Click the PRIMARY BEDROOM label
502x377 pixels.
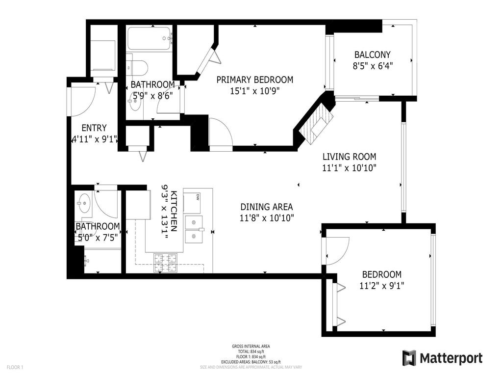pos(254,80)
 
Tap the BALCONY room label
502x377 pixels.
pos(372,55)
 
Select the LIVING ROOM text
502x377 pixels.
pos(349,157)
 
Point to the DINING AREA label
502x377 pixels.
pos(266,207)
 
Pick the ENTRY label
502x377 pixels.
pos(94,128)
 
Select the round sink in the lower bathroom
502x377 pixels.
pos(83,201)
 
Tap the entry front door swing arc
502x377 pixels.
pos(83,101)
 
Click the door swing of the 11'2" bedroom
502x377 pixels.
pos(336,250)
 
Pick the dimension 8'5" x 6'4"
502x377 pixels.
pos(372,65)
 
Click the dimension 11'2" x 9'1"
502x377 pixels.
pos(381,285)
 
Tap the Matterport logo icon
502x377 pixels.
pos(408,358)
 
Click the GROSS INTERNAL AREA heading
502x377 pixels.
pos(251,346)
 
